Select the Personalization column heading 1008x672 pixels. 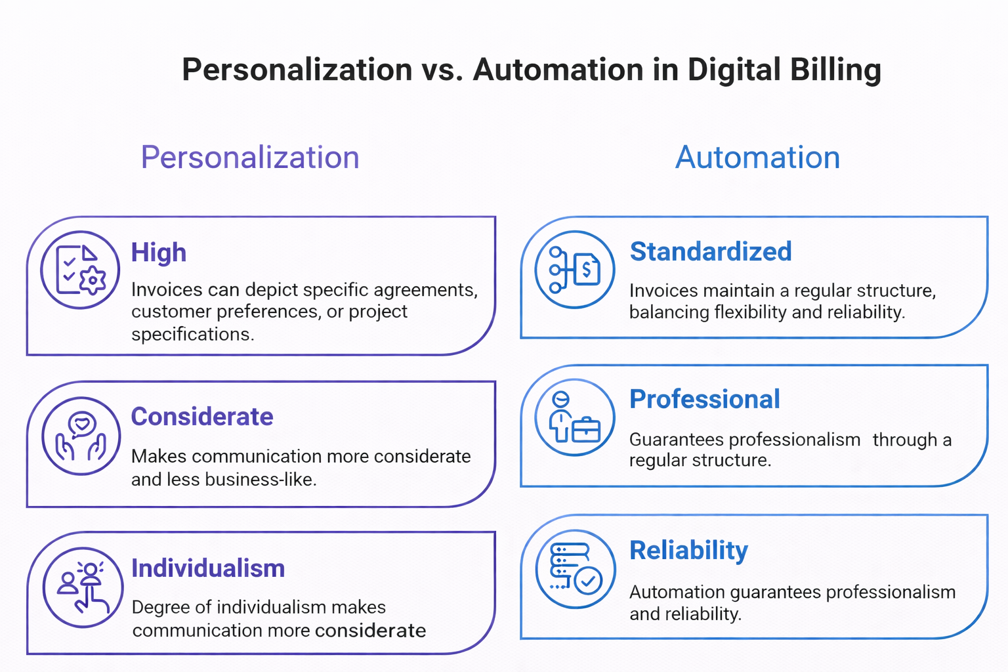250,157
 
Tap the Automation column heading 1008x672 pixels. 757,157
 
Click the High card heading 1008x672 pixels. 159,253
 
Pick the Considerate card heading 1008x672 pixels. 202,417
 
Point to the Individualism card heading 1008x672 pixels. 208,568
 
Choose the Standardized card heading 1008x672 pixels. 711,251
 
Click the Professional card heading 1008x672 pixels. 705,399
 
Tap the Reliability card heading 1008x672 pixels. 688,550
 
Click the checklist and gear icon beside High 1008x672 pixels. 80,270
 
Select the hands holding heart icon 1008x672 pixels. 81,436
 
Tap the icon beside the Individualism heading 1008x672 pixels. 83,587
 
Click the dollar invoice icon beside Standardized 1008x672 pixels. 575,269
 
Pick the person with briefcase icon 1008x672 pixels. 575,417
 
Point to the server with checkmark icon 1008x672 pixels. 576,569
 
